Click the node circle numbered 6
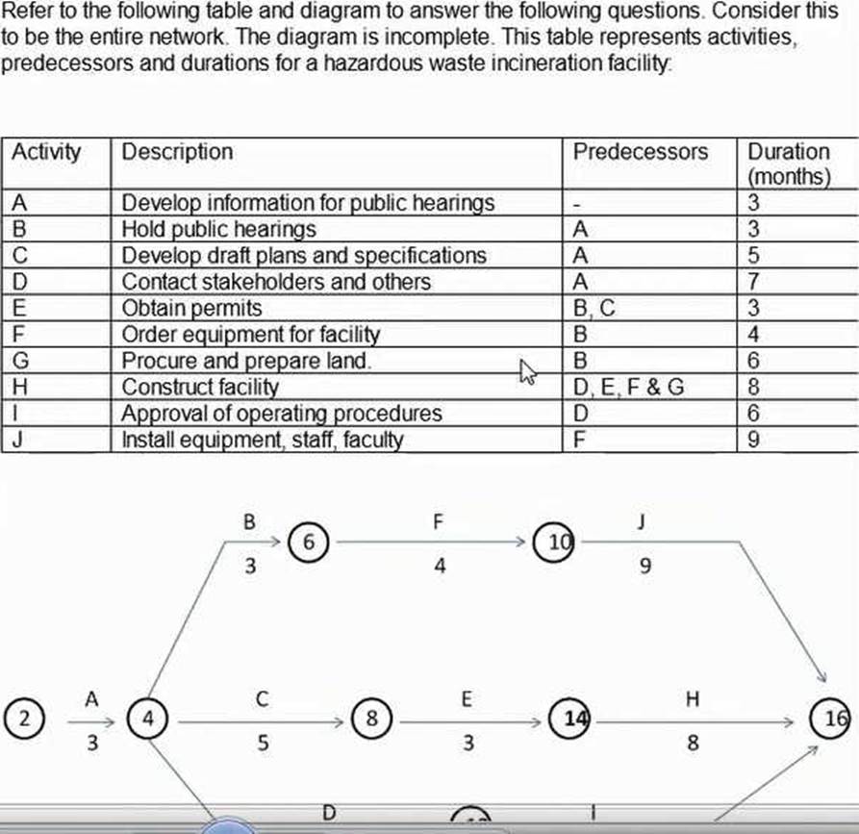[x=308, y=542]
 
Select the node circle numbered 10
[x=558, y=542]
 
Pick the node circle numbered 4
[x=148, y=718]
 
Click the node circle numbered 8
[x=373, y=718]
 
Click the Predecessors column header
[x=640, y=152]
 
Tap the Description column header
[x=177, y=152]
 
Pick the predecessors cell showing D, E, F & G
[x=629, y=388]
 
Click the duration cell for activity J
[x=755, y=441]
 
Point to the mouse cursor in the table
[x=525, y=370]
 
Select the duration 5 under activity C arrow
[x=262, y=743]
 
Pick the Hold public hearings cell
[x=218, y=230]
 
